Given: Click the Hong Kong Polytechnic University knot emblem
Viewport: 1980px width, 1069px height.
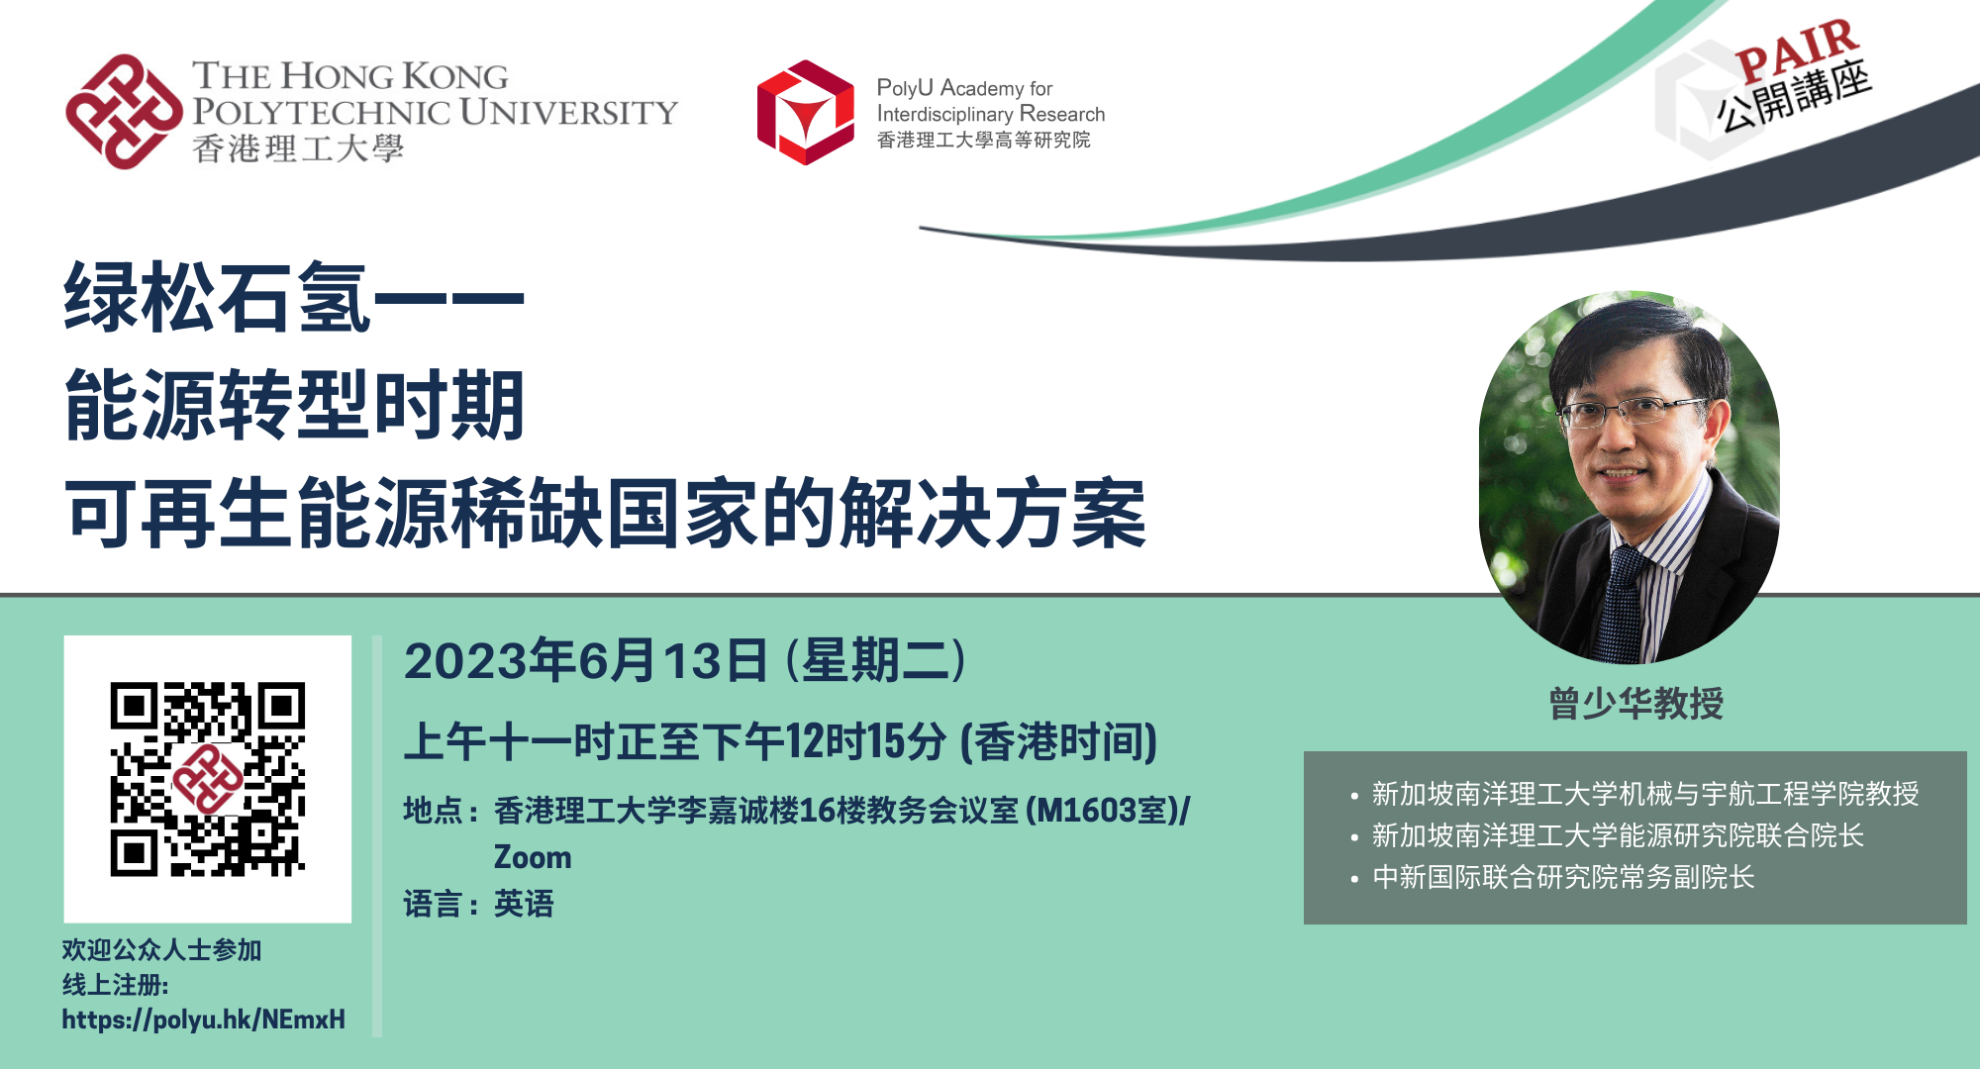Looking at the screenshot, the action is [x=125, y=112].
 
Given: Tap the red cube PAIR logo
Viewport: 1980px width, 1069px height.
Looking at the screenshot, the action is [x=806, y=112].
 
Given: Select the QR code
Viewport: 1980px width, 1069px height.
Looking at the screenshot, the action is [x=208, y=779].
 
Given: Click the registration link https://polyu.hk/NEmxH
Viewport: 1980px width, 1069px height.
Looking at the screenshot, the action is [x=204, y=1020].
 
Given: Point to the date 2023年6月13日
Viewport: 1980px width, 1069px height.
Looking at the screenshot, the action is [x=586, y=660].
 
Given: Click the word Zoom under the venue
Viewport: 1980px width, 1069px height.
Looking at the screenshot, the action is [x=533, y=857].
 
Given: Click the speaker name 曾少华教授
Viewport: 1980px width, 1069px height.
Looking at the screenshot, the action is [x=1635, y=704].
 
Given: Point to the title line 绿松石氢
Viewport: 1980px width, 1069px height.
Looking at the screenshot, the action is [x=218, y=297].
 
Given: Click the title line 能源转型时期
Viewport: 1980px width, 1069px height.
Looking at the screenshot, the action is [x=295, y=405].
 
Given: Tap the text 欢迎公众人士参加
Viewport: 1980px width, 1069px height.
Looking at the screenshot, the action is [x=161, y=950].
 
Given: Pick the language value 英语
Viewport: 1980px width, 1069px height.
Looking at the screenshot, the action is [x=524, y=904].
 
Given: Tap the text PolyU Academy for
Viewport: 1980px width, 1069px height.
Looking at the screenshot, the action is [x=964, y=88].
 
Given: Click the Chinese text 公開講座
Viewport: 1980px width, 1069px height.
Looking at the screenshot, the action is [x=1794, y=96].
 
